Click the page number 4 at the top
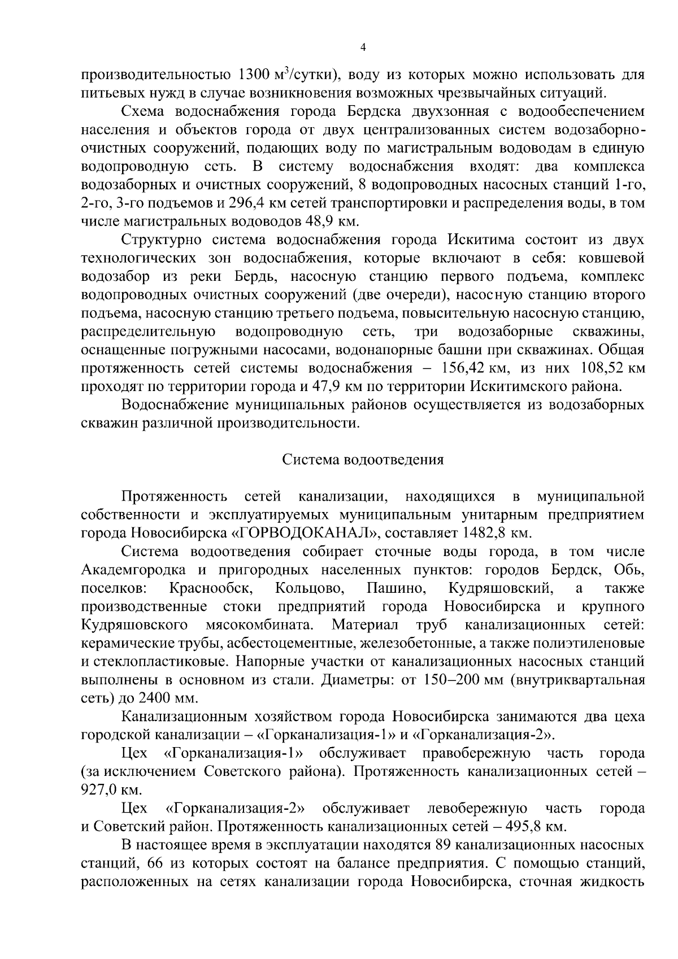(363, 49)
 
